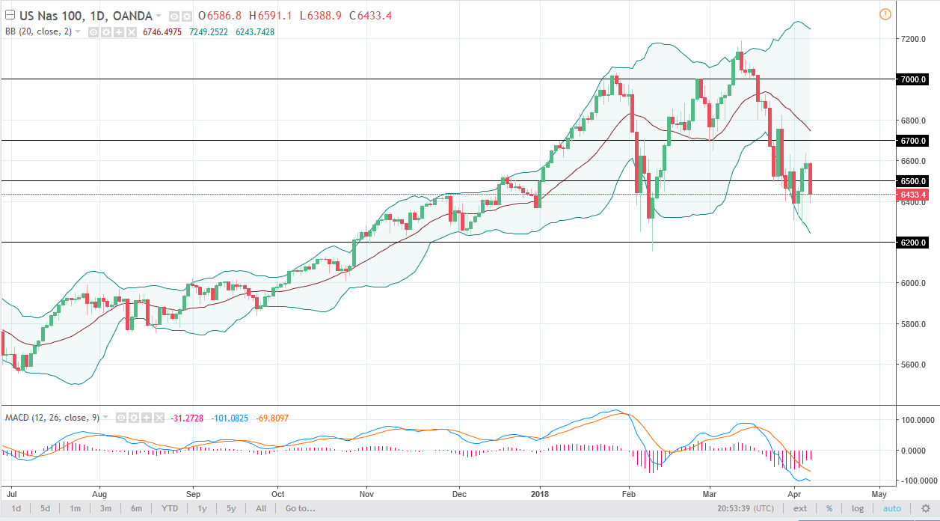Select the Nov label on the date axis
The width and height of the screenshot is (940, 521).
[x=366, y=494]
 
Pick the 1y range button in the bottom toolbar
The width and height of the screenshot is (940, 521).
[x=202, y=509]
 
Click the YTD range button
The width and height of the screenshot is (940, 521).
[x=170, y=509]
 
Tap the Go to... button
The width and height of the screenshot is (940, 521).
[x=299, y=509]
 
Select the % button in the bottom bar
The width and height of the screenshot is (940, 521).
[x=850, y=509]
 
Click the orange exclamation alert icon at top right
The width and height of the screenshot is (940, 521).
[x=885, y=14]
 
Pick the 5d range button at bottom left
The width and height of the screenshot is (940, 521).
[x=46, y=509]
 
